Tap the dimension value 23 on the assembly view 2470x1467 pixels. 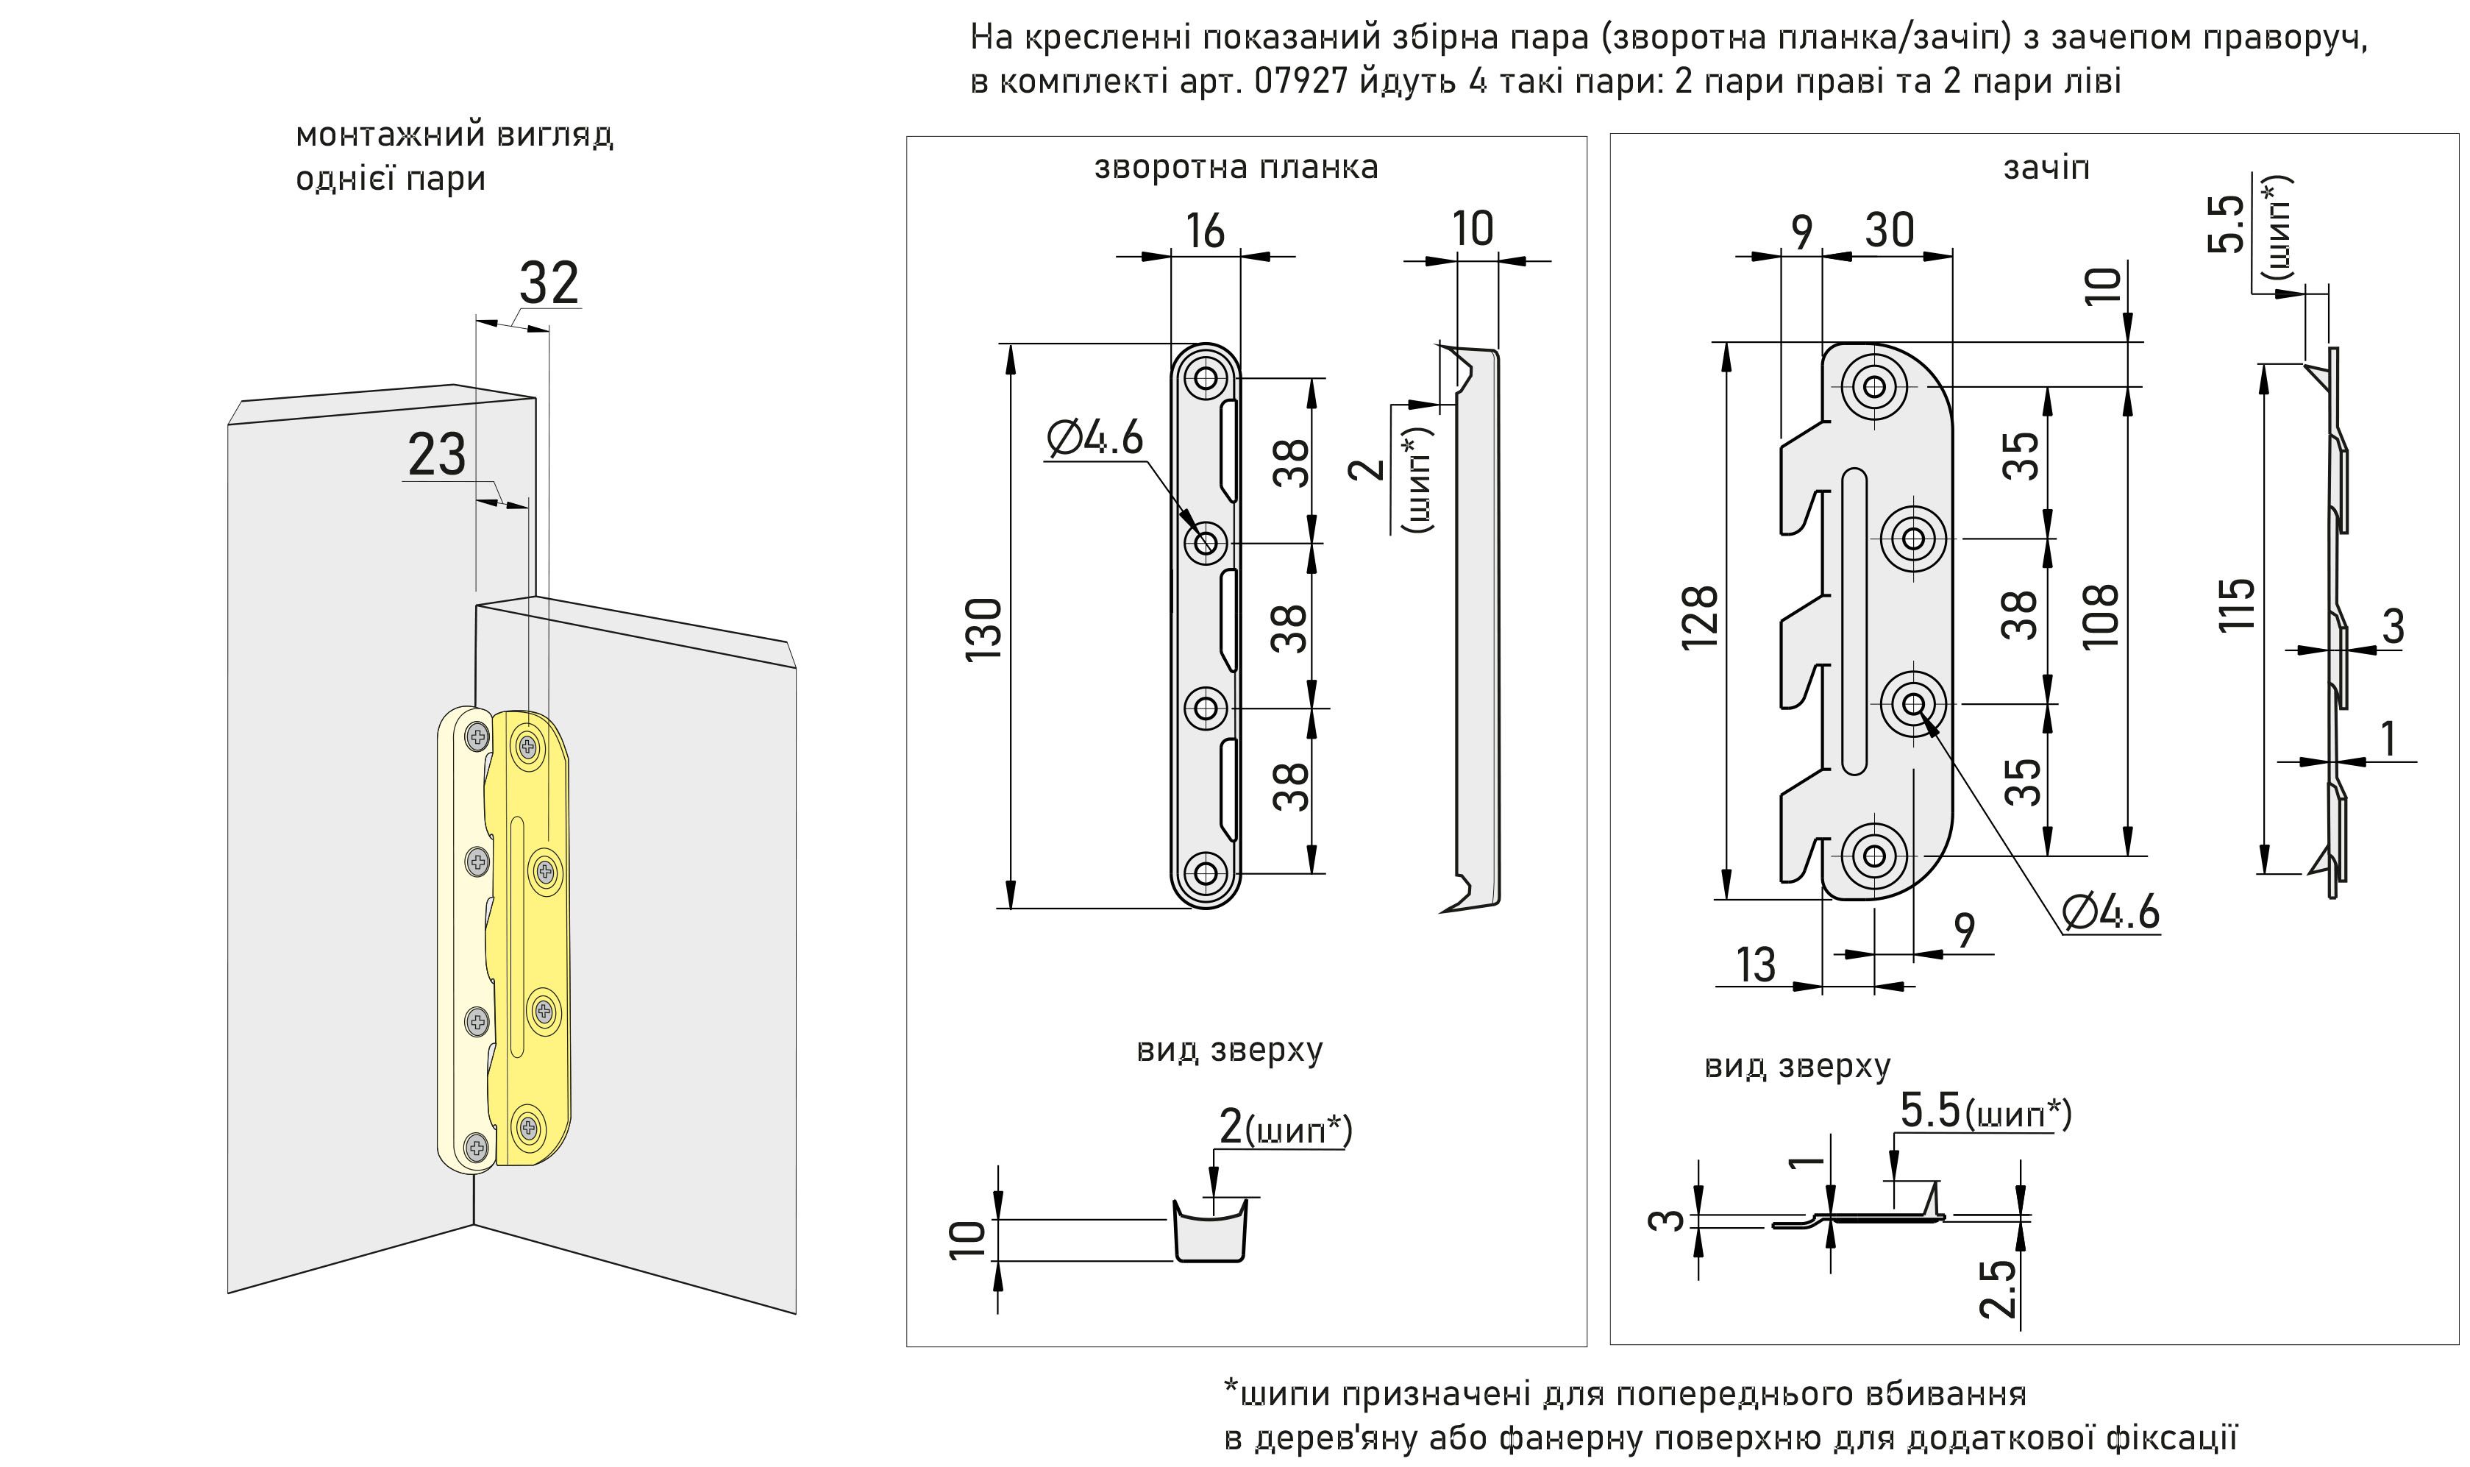click(436, 455)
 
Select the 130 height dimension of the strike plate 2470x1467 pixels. click(984, 629)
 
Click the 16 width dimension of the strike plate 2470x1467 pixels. click(1205, 230)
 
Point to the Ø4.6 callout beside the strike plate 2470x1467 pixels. click(1095, 438)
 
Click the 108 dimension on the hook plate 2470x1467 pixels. click(2100, 616)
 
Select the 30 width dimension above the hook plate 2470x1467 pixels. click(1889, 230)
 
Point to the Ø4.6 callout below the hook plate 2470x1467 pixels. click(2110, 912)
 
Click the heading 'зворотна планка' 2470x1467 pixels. click(1236, 167)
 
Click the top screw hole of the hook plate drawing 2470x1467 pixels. click(1874, 386)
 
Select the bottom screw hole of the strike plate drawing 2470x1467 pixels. click(1206, 873)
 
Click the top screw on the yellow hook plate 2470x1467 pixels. click(528, 745)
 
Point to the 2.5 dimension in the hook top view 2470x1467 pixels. click(1996, 1288)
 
